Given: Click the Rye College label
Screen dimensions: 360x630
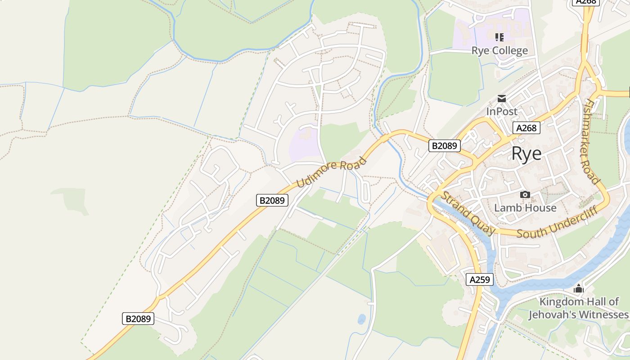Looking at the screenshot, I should [x=499, y=50].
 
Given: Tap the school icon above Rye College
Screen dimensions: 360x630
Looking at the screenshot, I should [x=499, y=37].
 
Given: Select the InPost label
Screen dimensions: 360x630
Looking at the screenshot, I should [x=502, y=111].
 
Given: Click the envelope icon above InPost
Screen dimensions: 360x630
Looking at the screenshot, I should [x=502, y=98].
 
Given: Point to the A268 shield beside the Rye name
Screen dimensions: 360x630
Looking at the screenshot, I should [x=526, y=128].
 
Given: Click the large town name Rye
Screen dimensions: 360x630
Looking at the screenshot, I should [x=526, y=154].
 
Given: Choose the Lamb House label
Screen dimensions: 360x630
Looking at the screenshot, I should [x=525, y=208].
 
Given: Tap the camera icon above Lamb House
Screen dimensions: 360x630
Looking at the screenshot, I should [x=525, y=194].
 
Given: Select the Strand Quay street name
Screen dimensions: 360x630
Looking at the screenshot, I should [x=468, y=213].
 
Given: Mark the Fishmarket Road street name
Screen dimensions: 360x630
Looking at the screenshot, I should [x=591, y=142].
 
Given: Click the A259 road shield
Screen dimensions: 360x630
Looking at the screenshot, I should [x=479, y=279].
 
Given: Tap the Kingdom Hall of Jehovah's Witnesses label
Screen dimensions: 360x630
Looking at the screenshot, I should [x=579, y=308].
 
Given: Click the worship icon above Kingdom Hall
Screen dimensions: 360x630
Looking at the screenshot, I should [x=579, y=288].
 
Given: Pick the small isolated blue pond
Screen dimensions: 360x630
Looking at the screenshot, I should [x=361, y=319].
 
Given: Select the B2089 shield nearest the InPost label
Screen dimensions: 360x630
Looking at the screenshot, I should [x=444, y=145].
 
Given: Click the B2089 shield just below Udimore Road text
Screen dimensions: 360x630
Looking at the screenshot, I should [x=272, y=200].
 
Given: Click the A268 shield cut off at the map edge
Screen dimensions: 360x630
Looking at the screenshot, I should [x=585, y=2].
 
